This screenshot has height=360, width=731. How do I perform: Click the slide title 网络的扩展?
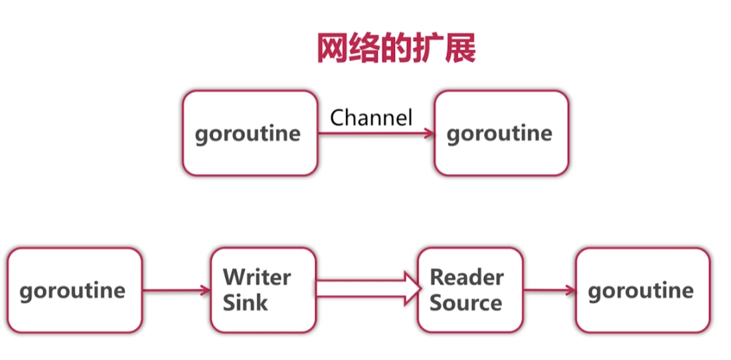tap(396, 48)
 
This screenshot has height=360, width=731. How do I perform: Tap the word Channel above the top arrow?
tap(371, 118)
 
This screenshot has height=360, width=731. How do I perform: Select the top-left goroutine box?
tap(250, 134)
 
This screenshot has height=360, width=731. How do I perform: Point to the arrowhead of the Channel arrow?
tap(430, 134)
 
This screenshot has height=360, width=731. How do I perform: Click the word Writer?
tap(256, 277)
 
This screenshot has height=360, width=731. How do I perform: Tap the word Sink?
tap(245, 303)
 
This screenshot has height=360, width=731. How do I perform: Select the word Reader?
tap(467, 277)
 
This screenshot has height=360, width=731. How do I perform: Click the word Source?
tap(465, 303)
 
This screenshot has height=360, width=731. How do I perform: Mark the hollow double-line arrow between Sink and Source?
tap(368, 290)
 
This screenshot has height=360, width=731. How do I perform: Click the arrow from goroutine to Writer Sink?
tap(176, 290)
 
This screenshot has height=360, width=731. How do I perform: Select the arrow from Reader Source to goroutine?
tap(549, 290)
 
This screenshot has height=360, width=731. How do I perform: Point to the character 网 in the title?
tap(332, 48)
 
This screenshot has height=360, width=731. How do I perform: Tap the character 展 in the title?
tap(459, 48)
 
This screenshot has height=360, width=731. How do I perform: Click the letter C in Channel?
tap(338, 118)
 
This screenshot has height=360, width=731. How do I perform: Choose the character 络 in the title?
tap(364, 48)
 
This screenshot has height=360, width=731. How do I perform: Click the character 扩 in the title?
tap(428, 48)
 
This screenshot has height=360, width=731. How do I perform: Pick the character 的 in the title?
tap(396, 48)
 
